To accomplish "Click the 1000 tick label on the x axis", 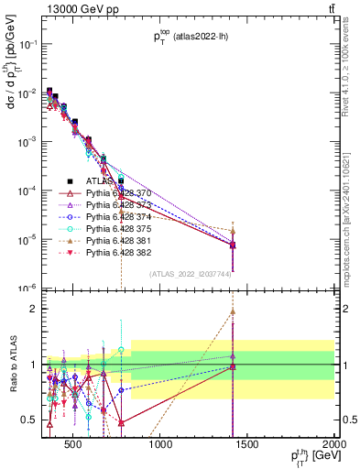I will (x=160, y=445).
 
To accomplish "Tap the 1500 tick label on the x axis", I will (x=247, y=445).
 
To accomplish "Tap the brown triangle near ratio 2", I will (x=233, y=311).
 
